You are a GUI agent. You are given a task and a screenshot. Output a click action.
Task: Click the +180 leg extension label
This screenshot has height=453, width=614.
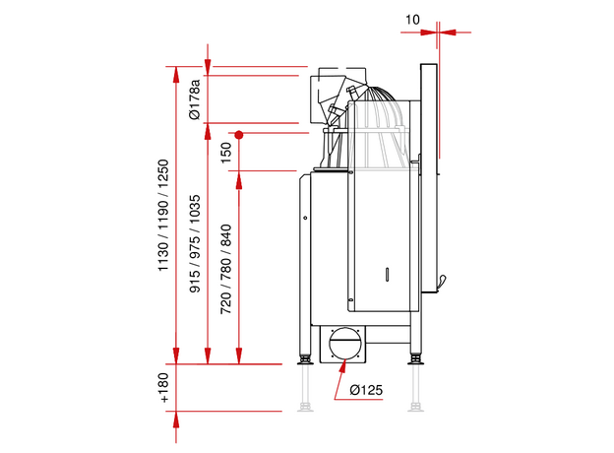164,388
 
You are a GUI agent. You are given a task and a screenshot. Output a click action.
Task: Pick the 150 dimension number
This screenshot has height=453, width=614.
226,153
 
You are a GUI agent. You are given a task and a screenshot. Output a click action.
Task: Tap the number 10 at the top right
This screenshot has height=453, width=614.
411,20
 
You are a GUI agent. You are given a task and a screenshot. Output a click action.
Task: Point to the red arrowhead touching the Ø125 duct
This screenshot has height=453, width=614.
340,367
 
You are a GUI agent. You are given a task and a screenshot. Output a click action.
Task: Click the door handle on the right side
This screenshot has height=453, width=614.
442,284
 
